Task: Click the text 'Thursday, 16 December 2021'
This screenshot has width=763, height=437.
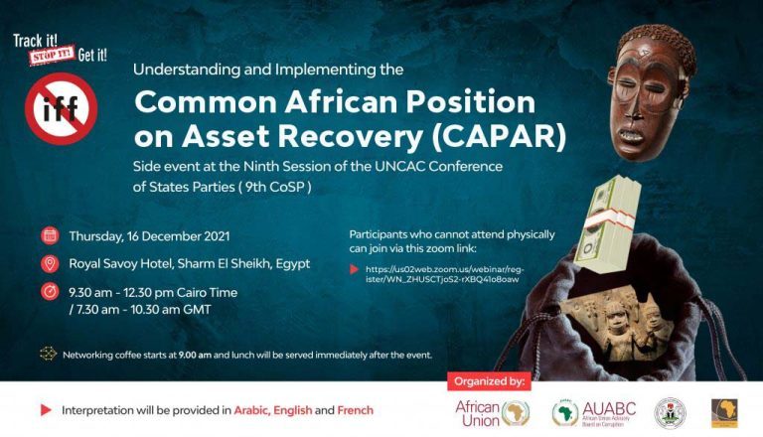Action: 149,236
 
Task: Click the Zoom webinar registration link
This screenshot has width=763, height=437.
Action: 442,274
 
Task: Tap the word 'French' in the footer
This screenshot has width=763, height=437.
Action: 356,410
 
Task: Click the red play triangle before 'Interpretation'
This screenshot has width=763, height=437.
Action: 46,410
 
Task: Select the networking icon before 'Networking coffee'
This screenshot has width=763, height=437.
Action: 47,354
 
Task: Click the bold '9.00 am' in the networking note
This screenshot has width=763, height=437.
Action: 194,355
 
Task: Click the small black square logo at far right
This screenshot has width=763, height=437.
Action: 724,412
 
